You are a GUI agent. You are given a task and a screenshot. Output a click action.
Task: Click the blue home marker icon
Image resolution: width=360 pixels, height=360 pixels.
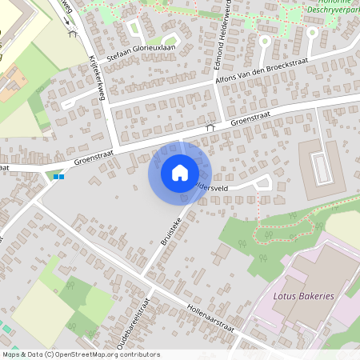pyautogui.click(x=179, y=172)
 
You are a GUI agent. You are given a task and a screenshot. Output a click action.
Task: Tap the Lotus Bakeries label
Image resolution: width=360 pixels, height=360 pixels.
pyautogui.click(x=303, y=296)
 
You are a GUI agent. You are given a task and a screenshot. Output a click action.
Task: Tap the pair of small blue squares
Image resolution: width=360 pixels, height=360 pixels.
pyautogui.click(x=58, y=176)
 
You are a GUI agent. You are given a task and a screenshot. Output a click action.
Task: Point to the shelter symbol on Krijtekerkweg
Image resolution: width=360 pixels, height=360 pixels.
pyautogui.click(x=74, y=34)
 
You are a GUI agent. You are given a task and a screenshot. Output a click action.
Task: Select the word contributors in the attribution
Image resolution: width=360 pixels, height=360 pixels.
pyautogui.click(x=138, y=354)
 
